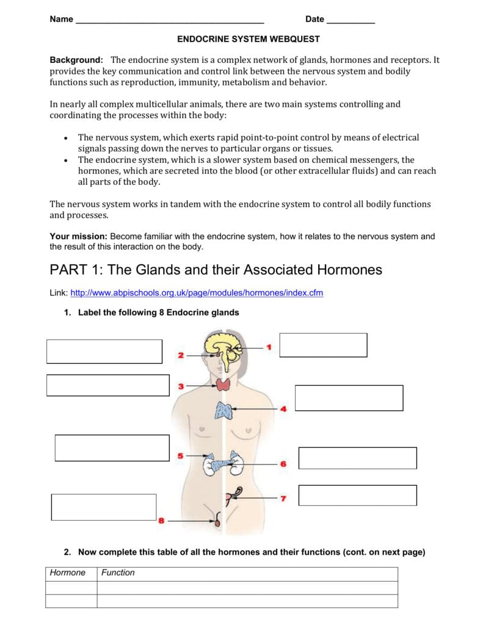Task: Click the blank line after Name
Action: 169,21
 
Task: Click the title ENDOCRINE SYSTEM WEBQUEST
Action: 248,39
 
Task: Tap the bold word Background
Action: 76,60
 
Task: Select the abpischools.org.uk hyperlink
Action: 197,293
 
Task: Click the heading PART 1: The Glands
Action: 216,269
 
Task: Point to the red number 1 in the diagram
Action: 268,347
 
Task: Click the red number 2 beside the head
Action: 181,355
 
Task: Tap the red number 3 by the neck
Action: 181,386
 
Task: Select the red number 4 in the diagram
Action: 283,409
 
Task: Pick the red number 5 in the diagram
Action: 180,455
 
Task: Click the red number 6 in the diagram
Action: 283,464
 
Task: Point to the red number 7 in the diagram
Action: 283,499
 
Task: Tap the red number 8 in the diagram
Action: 161,521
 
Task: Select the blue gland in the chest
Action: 223,410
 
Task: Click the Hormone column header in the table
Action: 68,573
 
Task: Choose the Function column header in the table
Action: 118,573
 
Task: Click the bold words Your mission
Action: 78,236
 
